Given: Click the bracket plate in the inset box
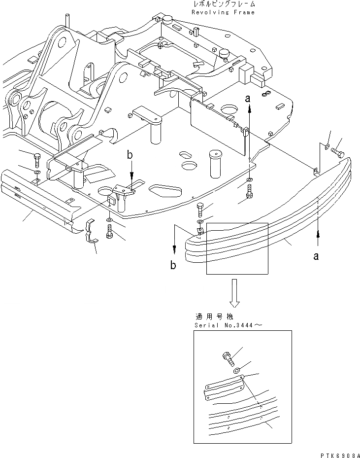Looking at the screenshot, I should click(224, 386).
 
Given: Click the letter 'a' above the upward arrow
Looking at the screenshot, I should click(249, 99).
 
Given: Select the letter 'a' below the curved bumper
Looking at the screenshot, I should click(317, 256).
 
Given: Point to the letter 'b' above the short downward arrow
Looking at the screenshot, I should click(130, 156).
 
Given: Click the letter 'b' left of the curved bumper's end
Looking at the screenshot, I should click(173, 265).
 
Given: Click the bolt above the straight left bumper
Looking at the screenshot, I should click(38, 160).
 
